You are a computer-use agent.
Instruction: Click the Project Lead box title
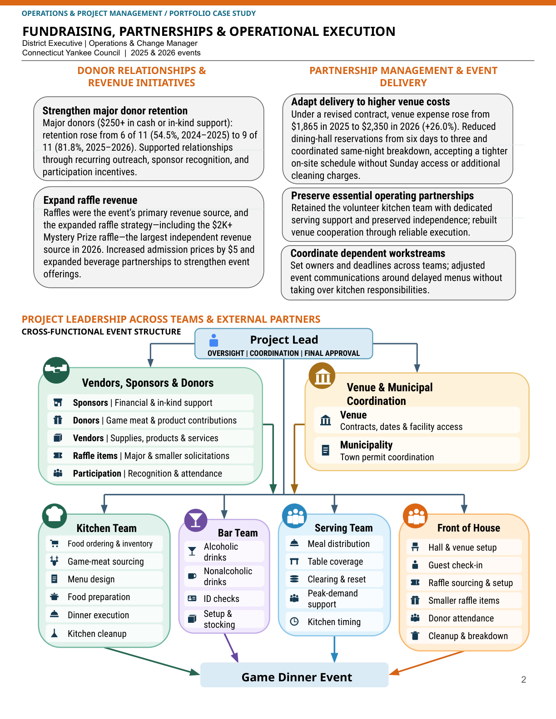[x=284, y=340]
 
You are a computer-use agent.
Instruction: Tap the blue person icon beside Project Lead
[x=214, y=340]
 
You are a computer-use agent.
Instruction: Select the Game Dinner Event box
[x=294, y=675]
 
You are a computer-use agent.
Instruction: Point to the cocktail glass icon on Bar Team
[x=196, y=520]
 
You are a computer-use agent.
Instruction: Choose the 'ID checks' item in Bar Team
[x=221, y=599]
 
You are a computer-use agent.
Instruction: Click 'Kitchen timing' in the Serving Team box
[x=334, y=622]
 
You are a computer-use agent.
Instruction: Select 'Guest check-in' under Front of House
[x=455, y=565]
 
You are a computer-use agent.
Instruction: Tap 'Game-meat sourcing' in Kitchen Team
[x=106, y=561]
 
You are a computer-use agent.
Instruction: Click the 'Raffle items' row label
[x=95, y=456]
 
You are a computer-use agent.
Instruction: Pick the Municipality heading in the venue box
[x=366, y=445]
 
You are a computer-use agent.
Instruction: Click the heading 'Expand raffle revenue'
[x=90, y=200]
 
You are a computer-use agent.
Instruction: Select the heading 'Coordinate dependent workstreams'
[x=367, y=253]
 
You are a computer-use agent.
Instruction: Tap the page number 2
[x=524, y=680]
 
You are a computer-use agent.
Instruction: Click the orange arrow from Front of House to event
[x=427, y=663]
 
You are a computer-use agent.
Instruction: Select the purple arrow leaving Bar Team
[x=231, y=648]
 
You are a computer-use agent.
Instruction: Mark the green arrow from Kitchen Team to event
[x=152, y=661]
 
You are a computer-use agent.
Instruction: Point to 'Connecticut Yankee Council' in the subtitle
[x=71, y=53]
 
